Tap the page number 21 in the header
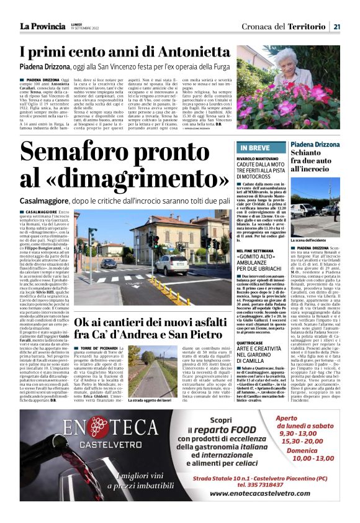[x=336, y=26]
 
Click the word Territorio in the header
[x=308, y=26]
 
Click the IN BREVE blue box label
[x=255, y=148]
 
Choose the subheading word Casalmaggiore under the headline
[x=47, y=202]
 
